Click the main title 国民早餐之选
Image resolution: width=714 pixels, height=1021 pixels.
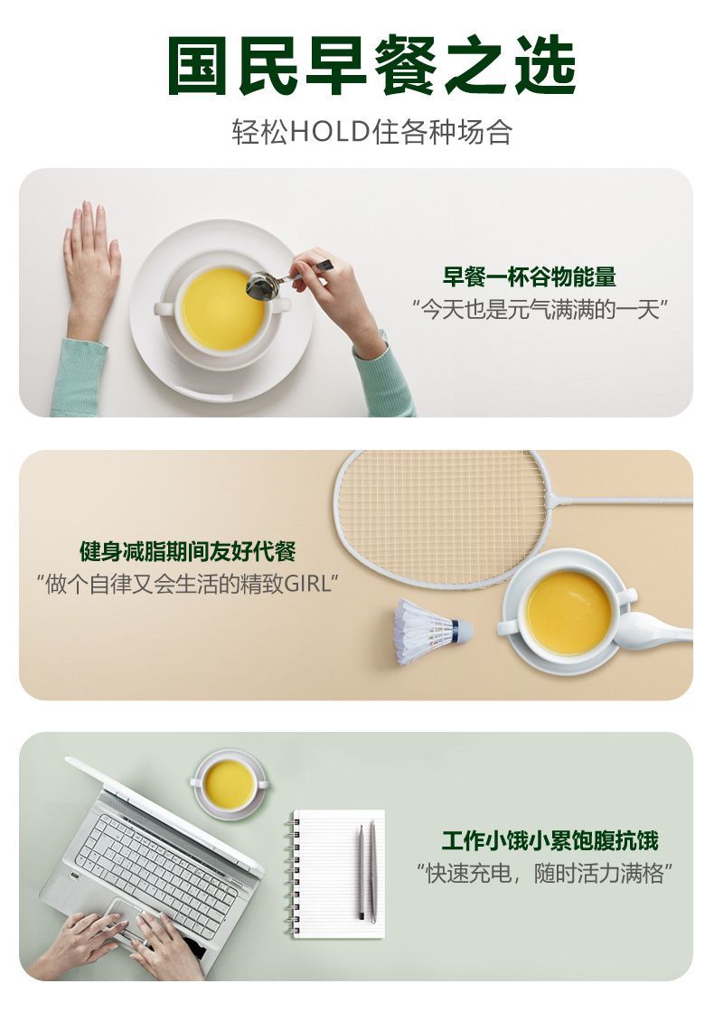[371, 65]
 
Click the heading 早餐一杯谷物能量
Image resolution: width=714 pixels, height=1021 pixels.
[529, 276]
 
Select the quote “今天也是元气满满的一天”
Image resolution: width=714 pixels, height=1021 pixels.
[540, 309]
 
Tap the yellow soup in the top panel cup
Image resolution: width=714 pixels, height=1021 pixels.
[223, 309]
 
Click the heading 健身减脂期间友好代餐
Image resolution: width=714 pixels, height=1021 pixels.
[188, 551]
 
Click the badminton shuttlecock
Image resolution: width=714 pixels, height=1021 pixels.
[431, 631]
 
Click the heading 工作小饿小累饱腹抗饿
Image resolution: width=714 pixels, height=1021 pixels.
[550, 840]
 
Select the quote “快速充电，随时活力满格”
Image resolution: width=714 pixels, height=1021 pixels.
[544, 873]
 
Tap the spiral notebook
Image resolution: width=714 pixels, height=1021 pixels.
[334, 873]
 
